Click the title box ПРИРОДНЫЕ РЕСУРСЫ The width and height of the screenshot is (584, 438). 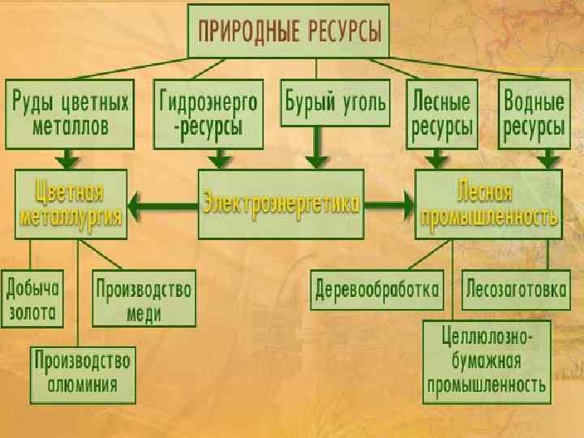pos(289,31)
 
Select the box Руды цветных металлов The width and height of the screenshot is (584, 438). pos(71,114)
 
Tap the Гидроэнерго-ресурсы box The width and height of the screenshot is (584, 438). pos(209,114)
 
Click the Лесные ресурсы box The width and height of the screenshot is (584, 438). pos(442,114)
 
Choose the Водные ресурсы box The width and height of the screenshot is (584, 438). pos(534,114)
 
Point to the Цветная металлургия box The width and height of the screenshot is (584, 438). pos(70,204)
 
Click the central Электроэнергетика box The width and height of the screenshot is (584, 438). pos(281,204)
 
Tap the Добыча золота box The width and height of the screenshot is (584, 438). pos(32,298)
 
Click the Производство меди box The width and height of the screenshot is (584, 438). pos(144,298)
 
